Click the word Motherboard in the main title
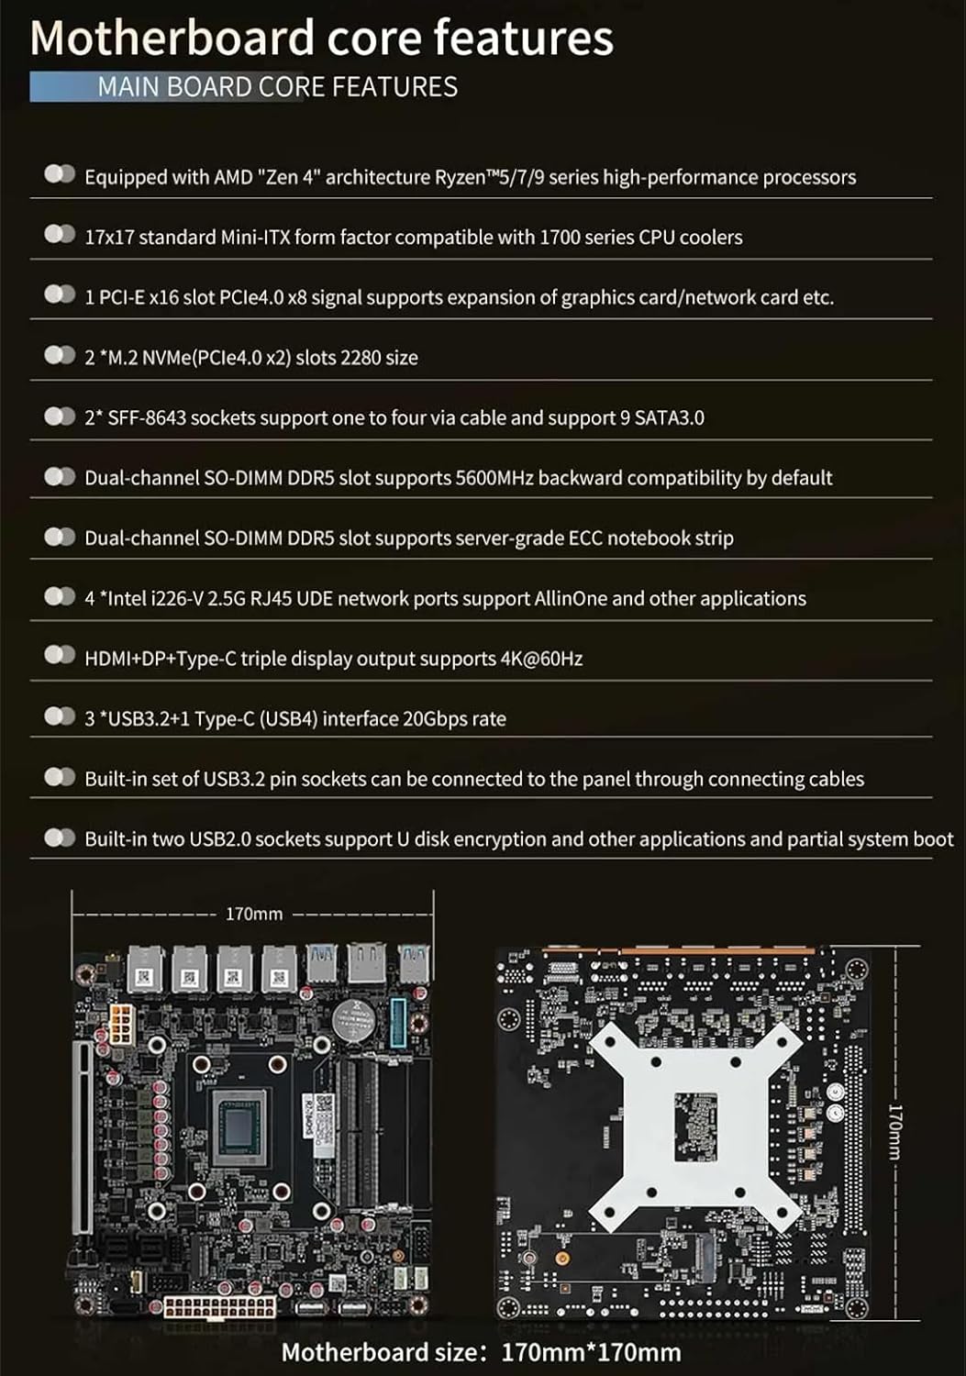172,39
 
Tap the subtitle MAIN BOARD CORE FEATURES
277,87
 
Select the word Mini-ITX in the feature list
255,237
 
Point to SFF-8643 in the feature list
147,417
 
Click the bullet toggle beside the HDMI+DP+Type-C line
60,655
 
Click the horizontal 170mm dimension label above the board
254,914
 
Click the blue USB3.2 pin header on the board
400,1021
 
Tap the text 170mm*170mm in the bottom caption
591,1352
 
